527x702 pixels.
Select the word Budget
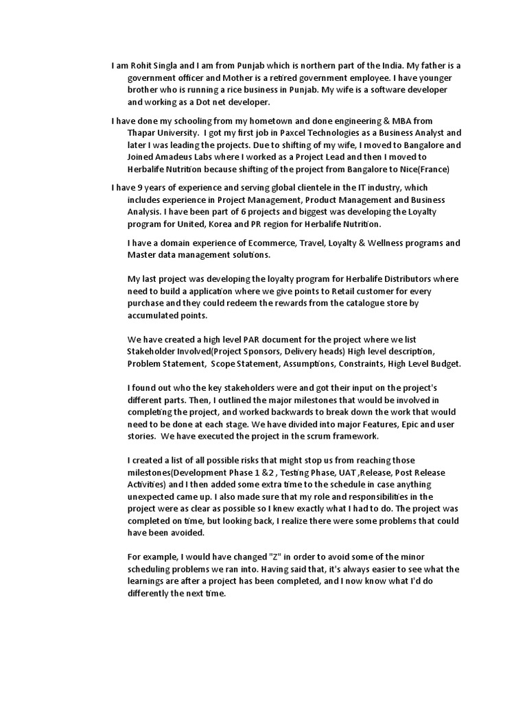click(x=443, y=364)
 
